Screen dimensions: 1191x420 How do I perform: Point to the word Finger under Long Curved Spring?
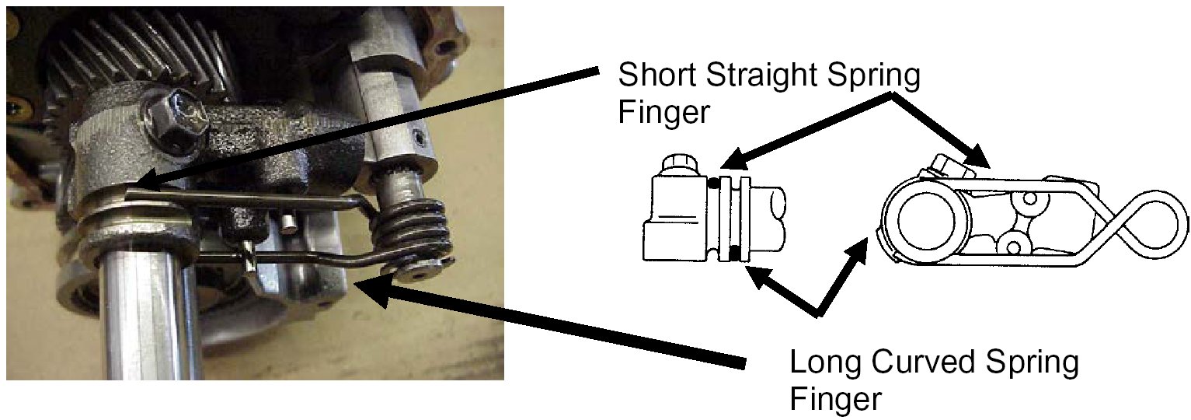836,399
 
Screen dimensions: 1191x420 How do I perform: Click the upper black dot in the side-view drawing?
713,184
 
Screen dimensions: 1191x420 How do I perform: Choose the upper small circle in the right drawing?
1029,200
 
